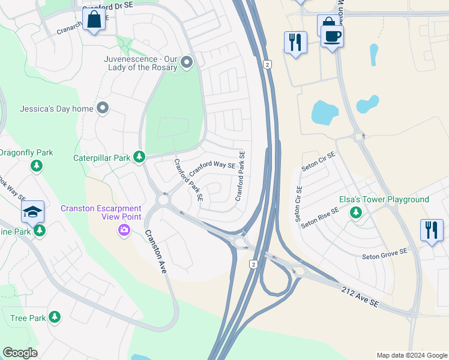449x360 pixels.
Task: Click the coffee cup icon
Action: click(332, 37)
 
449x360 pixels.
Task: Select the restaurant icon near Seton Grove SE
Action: click(432, 230)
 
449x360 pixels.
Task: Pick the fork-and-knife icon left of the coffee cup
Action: click(295, 42)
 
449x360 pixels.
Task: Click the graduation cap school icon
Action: click(32, 211)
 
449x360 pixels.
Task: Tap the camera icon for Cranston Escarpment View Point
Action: click(124, 230)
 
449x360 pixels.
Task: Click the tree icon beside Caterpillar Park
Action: click(139, 158)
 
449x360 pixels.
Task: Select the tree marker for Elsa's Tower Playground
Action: click(356, 212)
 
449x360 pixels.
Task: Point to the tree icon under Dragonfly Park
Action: click(37, 165)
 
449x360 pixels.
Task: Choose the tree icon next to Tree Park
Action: click(55, 317)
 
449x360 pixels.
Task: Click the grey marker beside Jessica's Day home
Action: click(103, 109)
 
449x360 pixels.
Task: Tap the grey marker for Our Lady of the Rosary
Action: click(187, 62)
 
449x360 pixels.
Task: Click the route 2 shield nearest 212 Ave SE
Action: click(255, 264)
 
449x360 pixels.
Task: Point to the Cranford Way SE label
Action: click(212, 168)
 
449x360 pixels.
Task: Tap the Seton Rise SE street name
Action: click(320, 217)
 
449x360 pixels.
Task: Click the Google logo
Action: click(20, 353)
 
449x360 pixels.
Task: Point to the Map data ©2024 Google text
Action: click(411, 355)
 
